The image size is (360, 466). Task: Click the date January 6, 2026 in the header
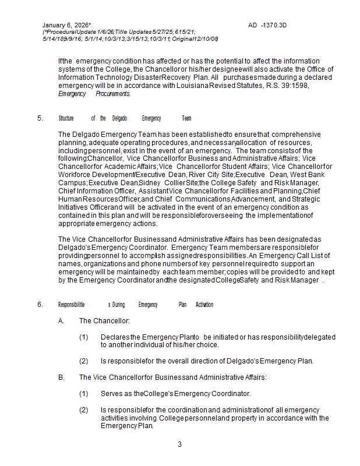click(65, 26)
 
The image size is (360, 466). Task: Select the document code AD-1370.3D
click(267, 26)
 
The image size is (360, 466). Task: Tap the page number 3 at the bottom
click(179, 444)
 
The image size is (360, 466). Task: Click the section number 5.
click(40, 118)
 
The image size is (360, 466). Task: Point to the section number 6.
click(40, 305)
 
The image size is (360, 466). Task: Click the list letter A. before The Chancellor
click(61, 321)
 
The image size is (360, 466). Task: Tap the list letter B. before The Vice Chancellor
click(61, 377)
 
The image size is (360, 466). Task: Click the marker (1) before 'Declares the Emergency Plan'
click(83, 337)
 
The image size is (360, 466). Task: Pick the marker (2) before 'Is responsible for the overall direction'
click(83, 361)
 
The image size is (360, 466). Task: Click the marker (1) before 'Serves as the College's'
click(83, 394)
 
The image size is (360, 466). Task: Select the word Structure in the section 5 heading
click(66, 118)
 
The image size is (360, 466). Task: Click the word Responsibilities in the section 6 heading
click(72, 305)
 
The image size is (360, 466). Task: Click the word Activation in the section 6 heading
click(204, 305)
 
